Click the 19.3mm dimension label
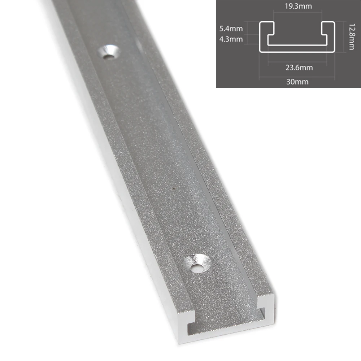(298, 6)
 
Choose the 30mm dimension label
(297, 82)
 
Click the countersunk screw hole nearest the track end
(196, 263)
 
